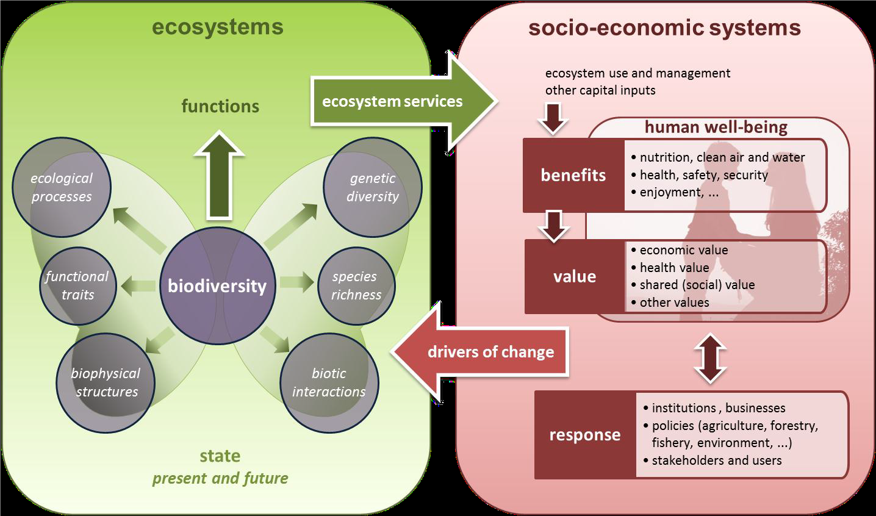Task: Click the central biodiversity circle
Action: coord(217,286)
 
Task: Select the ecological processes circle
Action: coord(62,188)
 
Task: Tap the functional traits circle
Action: coord(77,285)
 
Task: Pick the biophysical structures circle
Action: coord(105,382)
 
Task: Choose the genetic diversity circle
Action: coord(372,188)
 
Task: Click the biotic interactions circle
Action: coord(329,382)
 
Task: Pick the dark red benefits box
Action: coord(573,175)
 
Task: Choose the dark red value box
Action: coord(575,276)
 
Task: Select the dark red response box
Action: coord(585,435)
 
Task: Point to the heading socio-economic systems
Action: coord(664,27)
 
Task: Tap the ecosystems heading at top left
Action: coord(217,27)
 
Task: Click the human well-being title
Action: coord(716,127)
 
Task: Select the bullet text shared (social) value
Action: coord(697,285)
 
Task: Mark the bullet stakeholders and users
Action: coord(716,460)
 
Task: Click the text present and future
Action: coord(220,478)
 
